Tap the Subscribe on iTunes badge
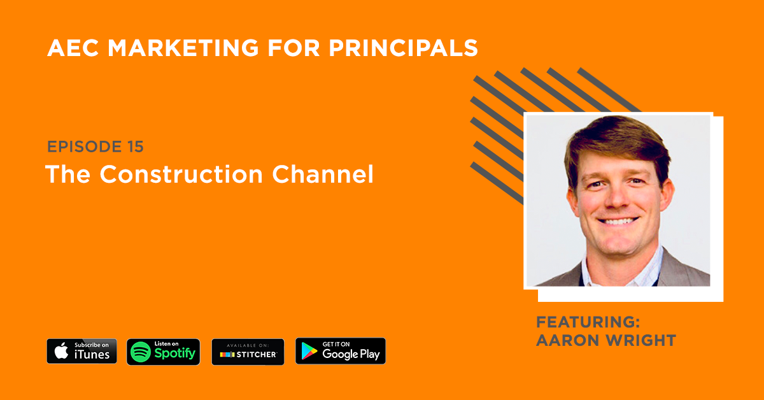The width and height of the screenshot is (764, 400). [81, 351]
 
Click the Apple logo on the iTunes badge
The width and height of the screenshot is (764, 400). [61, 351]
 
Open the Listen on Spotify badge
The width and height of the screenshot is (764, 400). [164, 351]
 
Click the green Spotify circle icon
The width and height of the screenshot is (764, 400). [141, 352]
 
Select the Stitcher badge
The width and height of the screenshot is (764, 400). [248, 352]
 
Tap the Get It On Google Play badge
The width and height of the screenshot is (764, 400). [341, 351]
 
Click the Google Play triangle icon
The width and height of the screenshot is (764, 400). [309, 352]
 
